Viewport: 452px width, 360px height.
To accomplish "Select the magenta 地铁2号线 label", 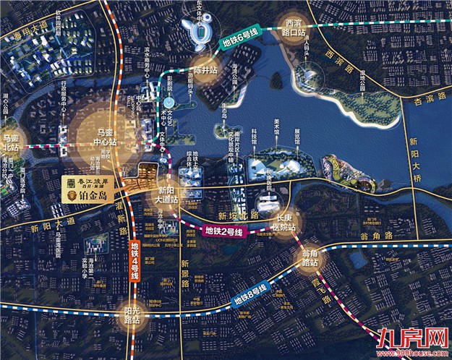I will point(224,231).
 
